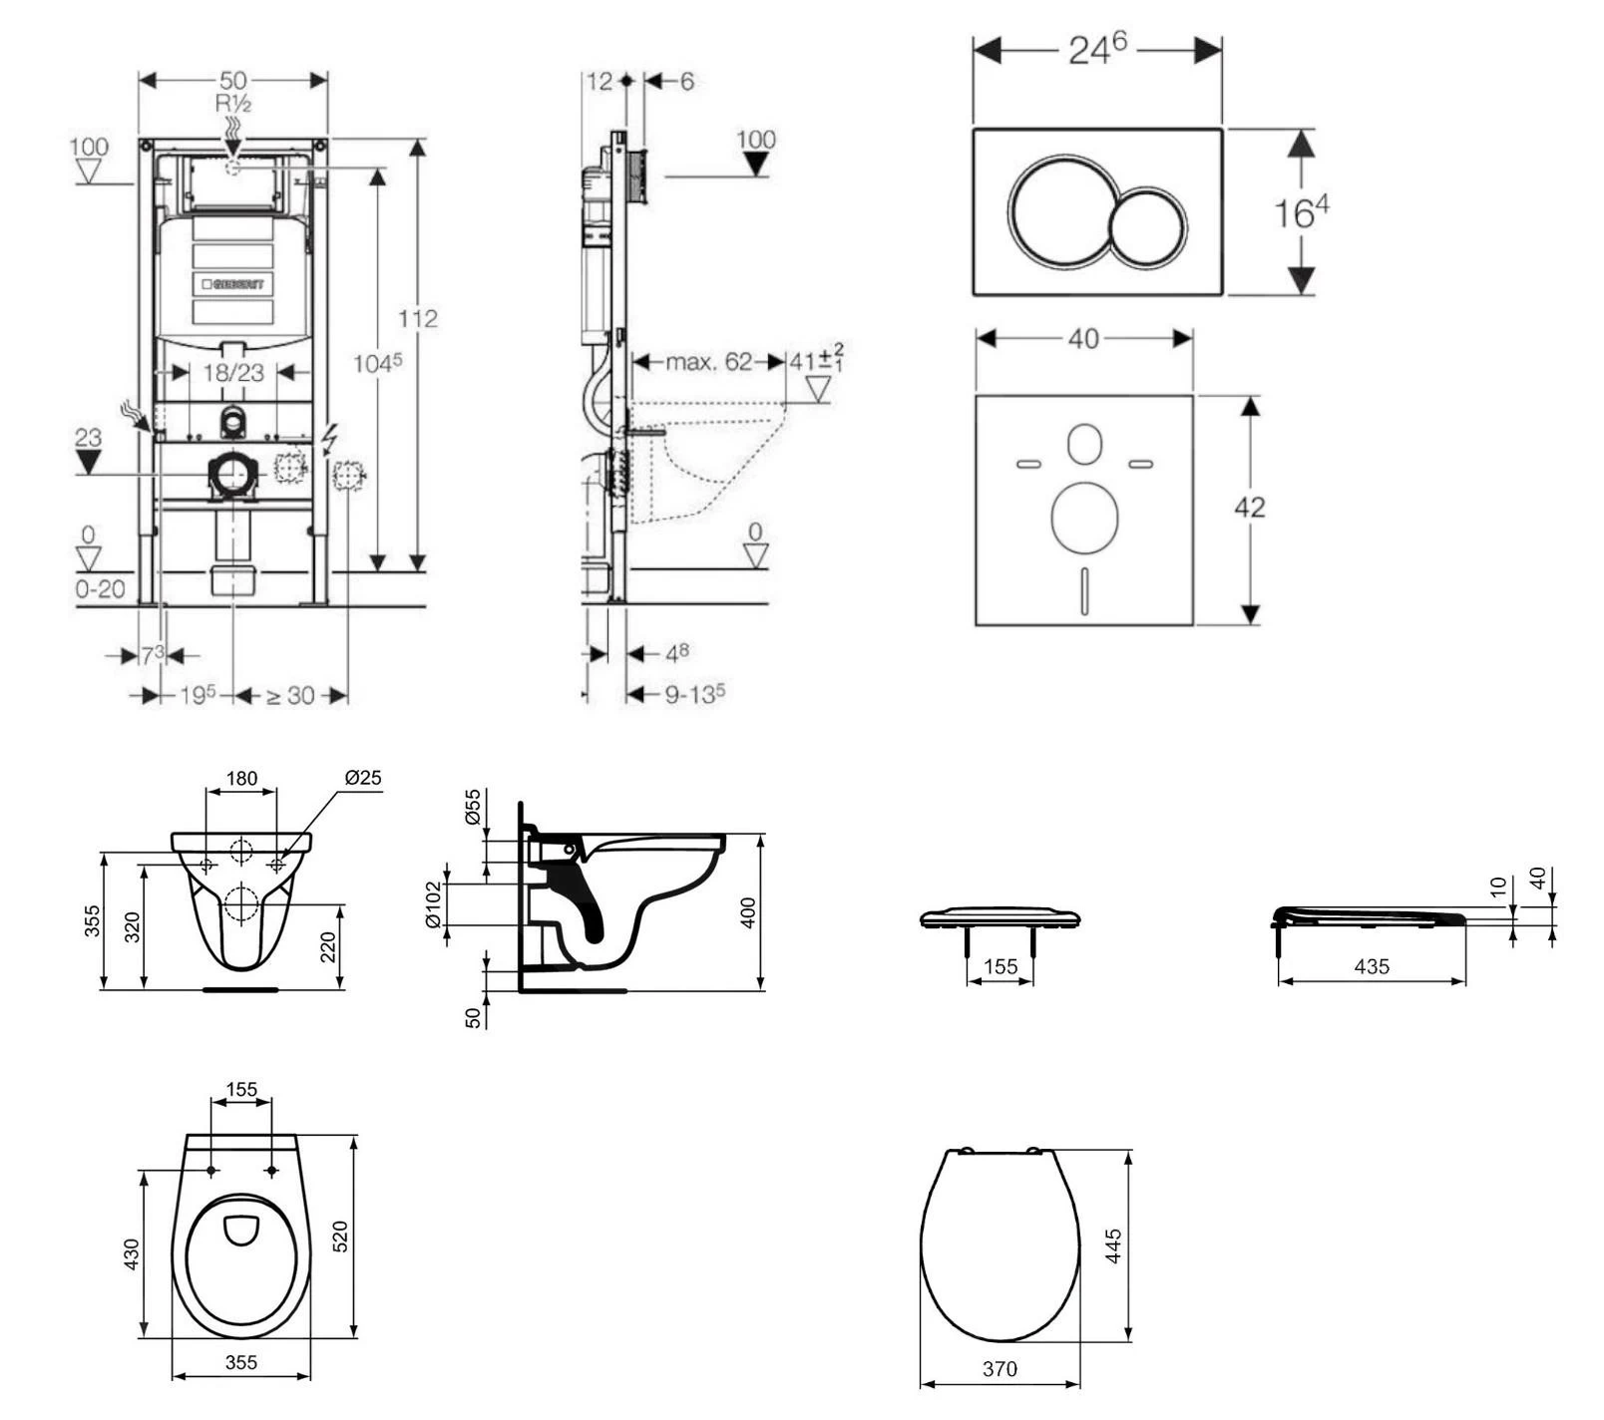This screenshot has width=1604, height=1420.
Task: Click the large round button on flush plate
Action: click(1059, 210)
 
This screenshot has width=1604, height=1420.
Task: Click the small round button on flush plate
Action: click(1149, 227)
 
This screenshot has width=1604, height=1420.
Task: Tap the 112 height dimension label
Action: click(417, 319)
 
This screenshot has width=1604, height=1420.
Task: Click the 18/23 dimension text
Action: click(233, 373)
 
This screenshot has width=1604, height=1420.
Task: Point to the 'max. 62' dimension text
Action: click(708, 362)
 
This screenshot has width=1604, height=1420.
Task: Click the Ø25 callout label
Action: click(363, 778)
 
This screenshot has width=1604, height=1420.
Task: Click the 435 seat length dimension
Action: click(1372, 966)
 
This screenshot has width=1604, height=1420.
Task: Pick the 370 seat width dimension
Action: click(1000, 1370)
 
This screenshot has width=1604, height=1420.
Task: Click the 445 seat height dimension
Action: click(1114, 1246)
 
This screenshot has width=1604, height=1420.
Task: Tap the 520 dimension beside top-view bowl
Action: click(340, 1237)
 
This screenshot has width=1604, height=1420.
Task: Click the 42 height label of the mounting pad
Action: click(1249, 508)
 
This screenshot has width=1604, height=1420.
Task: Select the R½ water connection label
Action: click(232, 103)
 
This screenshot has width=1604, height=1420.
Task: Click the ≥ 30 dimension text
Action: click(289, 696)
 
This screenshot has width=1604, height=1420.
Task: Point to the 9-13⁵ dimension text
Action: click(694, 694)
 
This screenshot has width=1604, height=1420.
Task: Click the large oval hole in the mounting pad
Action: click(1084, 518)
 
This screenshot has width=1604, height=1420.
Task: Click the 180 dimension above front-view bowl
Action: click(241, 778)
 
